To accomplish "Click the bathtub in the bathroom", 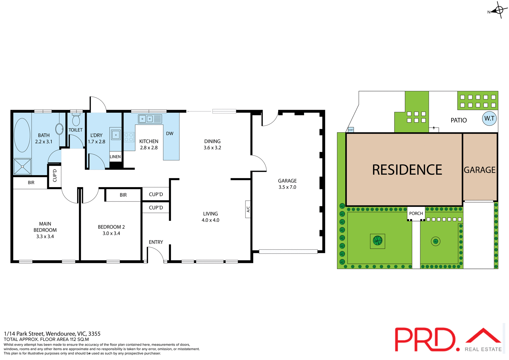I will [x=22, y=135].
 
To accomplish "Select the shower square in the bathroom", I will [x=22, y=166].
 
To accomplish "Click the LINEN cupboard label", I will [x=115, y=157].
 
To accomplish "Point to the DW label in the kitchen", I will [x=170, y=133].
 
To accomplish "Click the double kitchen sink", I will [x=146, y=119].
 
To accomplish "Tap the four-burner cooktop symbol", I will [x=129, y=137].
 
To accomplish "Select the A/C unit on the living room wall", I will [x=248, y=209].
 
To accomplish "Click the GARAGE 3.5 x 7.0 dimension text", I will [x=287, y=187].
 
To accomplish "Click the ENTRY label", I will [x=156, y=242].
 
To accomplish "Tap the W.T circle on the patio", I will [x=489, y=118].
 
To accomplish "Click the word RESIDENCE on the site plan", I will [x=407, y=170].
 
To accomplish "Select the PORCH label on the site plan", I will [x=416, y=213].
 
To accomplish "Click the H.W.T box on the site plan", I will [x=351, y=130].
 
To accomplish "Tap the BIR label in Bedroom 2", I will [x=123, y=195].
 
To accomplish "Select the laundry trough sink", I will [x=116, y=135].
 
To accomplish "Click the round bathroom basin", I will [x=59, y=129].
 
